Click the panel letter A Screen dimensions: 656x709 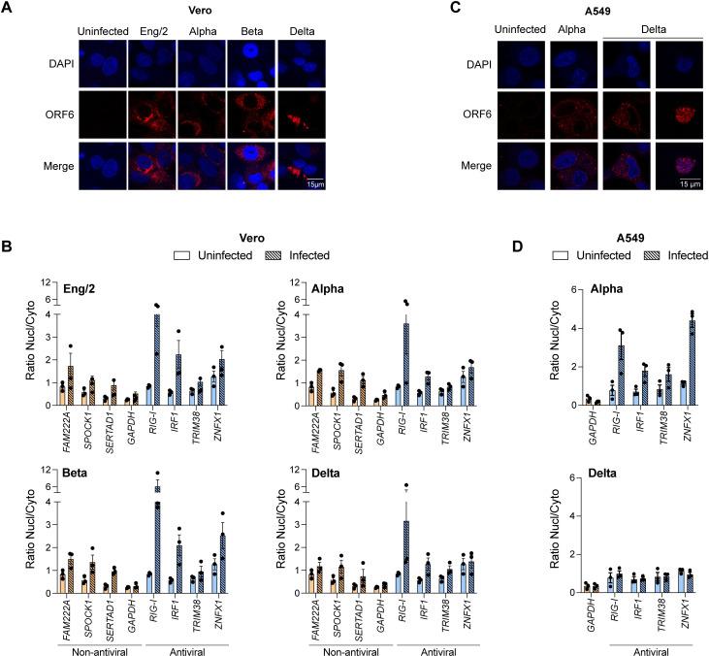(x=9, y=8)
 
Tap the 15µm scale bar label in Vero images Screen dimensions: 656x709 (x=310, y=182)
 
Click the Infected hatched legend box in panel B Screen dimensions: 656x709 (x=271, y=255)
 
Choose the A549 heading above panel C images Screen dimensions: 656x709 (x=583, y=9)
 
